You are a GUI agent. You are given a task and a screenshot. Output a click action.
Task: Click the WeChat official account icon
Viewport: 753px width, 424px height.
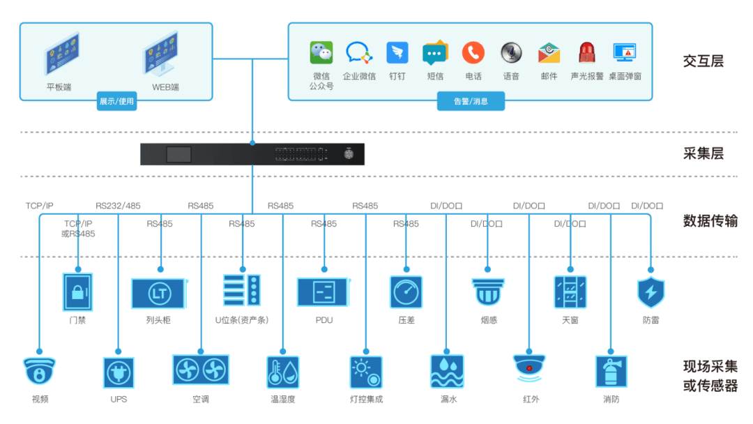pos(321,53)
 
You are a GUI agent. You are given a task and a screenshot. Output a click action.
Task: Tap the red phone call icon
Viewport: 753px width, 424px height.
pos(473,53)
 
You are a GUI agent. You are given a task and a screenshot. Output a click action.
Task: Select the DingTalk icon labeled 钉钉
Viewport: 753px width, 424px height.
pos(397,53)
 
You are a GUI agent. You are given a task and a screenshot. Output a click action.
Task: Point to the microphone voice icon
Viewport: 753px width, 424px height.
pos(511,52)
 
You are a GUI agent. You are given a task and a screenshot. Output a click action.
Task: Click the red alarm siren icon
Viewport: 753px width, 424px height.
pos(586,53)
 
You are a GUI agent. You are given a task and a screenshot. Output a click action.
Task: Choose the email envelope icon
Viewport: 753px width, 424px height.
pos(549,53)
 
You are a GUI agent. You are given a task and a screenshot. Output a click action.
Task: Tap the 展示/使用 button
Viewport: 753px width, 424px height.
pos(116,101)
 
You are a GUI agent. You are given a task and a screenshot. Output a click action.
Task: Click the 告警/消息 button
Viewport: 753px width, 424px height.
pos(471,101)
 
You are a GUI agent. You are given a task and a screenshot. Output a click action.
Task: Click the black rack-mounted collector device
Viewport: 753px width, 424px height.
pos(252,154)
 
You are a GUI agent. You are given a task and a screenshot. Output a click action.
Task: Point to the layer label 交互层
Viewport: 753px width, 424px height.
pos(703,61)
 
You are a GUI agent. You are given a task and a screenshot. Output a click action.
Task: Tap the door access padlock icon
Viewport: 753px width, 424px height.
pos(77,291)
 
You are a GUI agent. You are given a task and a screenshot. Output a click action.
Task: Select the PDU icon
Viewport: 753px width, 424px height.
pos(324,292)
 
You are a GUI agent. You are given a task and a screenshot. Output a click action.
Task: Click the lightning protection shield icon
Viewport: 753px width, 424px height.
pos(651,291)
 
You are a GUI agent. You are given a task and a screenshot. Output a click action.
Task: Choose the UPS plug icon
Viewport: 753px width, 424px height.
pos(119,372)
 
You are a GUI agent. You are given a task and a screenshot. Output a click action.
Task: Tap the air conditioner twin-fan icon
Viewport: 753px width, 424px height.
pos(201,370)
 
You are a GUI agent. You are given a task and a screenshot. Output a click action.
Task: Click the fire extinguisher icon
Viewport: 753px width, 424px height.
pos(611,372)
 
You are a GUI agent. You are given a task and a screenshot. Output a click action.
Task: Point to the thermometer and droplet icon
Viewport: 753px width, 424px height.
pos(283,372)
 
